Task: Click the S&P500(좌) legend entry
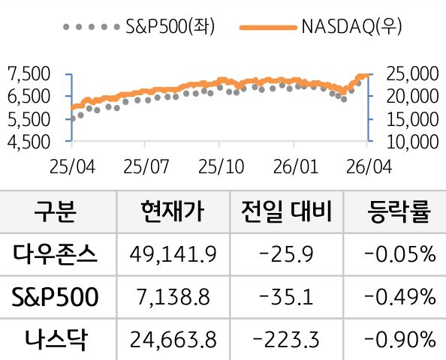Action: (x=138, y=28)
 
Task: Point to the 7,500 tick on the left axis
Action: (x=28, y=73)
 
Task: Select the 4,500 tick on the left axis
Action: (x=28, y=140)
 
